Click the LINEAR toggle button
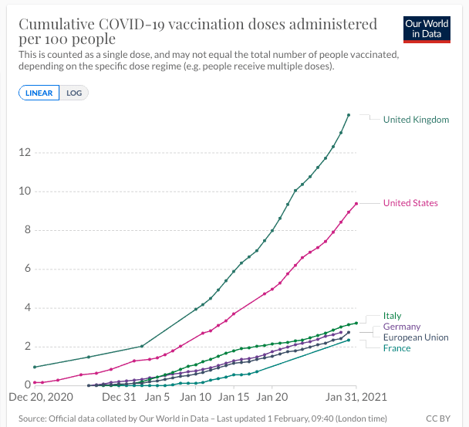tap(39, 93)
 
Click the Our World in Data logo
tap(427, 29)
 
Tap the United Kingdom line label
tap(416, 120)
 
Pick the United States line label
tap(410, 203)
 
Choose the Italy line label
tap(392, 316)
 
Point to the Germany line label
tap(402, 327)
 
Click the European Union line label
tap(416, 337)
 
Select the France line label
tap(396, 348)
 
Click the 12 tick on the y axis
tap(25, 152)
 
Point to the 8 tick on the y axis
tap(27, 229)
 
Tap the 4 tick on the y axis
tap(27, 307)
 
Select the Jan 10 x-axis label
tap(196, 396)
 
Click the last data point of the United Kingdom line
tap(349, 115)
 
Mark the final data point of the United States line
tap(356, 204)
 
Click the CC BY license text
tap(439, 418)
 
